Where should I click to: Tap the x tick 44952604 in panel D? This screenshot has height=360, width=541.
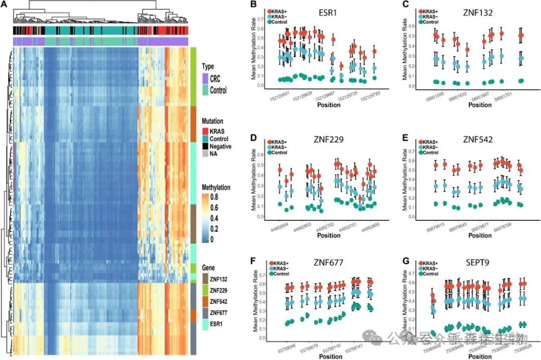click(281, 226)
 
